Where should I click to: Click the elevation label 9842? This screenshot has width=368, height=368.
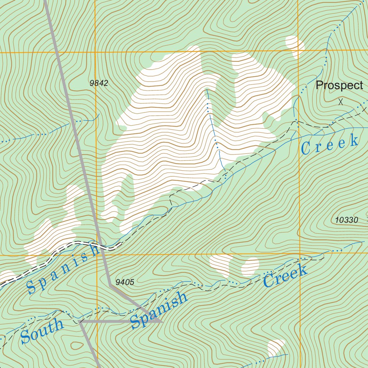[99, 83]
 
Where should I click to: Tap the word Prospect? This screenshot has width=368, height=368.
[339, 86]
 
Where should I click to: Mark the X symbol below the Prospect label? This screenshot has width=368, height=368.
[341, 102]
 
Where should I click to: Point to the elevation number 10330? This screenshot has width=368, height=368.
[346, 220]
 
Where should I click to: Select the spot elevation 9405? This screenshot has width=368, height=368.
[125, 282]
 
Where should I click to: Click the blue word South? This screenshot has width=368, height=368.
[42, 331]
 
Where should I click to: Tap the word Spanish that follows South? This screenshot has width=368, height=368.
[159, 310]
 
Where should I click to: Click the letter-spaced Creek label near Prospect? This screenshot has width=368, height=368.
[330, 144]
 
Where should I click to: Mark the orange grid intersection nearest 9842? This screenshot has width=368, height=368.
[95, 52]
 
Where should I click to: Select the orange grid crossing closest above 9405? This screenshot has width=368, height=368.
[97, 256]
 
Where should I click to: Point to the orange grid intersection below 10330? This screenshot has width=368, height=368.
[299, 254]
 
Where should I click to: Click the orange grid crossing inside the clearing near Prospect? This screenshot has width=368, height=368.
[298, 50]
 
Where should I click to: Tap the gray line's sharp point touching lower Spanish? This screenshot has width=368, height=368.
[163, 322]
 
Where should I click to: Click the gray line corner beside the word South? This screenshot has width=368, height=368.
[80, 322]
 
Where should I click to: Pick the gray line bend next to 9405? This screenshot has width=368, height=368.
[109, 285]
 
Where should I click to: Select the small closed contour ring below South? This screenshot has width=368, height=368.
[77, 346]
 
